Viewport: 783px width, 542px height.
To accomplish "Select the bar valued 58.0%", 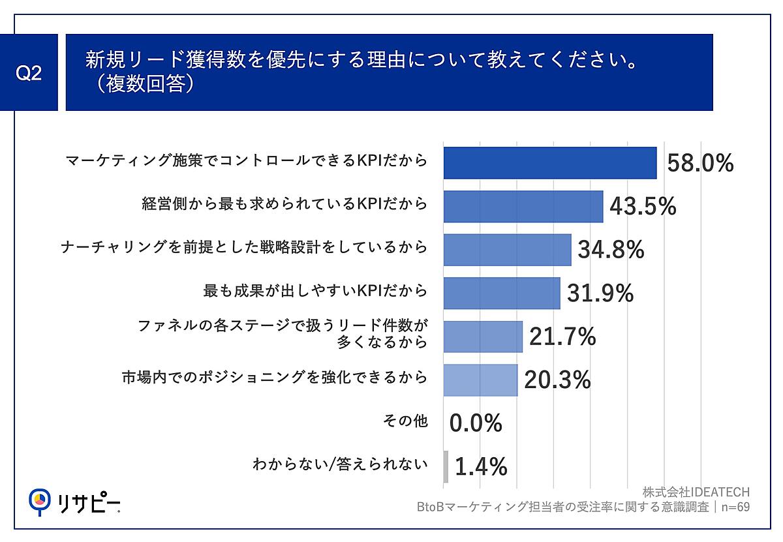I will (x=549, y=162).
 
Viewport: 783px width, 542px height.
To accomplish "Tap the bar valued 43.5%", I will (x=523, y=206).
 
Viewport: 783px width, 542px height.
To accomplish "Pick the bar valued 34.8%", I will (x=507, y=250).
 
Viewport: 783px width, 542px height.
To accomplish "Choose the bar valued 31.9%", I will (x=501, y=293).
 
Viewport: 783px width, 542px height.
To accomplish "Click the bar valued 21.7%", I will (x=483, y=337).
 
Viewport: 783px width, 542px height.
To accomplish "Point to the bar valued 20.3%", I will (x=480, y=380).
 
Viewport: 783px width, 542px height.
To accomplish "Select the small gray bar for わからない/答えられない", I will (x=446, y=467).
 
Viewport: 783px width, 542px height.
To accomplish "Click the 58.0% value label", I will (x=700, y=163).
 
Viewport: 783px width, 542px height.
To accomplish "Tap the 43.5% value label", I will (x=643, y=206).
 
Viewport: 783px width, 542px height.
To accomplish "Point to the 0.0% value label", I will (x=476, y=423).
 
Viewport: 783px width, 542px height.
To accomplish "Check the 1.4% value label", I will (x=481, y=467).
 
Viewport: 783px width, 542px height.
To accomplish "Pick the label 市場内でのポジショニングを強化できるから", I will (x=275, y=377).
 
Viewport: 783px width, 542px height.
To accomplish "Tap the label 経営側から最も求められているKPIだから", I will (x=284, y=203).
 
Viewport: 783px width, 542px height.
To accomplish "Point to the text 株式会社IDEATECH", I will (x=696, y=492).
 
